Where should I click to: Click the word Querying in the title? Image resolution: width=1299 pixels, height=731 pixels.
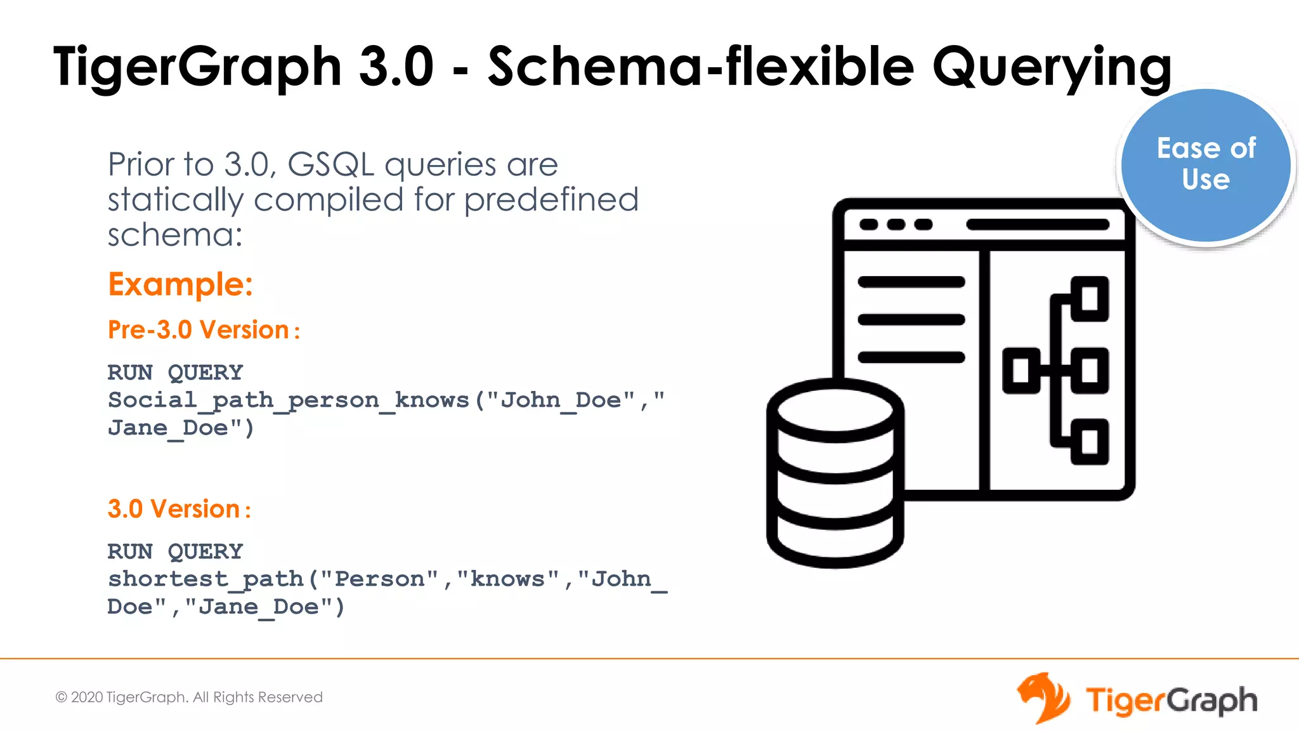pos(1051,67)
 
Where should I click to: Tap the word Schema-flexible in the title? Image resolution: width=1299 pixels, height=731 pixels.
pos(701,67)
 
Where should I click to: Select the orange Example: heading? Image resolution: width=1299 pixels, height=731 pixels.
pos(180,284)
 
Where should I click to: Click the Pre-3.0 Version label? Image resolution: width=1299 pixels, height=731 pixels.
pos(203,330)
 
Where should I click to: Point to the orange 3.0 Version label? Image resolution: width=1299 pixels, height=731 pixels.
pos(179,509)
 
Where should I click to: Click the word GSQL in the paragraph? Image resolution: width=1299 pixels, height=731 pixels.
pos(330,165)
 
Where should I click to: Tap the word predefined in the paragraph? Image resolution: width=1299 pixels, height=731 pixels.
pos(551,200)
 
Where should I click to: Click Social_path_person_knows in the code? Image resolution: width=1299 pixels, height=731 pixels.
pos(289,400)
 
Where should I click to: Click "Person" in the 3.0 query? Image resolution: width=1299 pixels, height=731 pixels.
pos(379,579)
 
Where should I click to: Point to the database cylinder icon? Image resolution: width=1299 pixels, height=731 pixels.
pos(835,473)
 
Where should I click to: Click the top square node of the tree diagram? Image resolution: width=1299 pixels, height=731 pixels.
pos(1090,299)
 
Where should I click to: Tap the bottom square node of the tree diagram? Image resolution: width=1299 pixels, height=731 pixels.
pos(1090,442)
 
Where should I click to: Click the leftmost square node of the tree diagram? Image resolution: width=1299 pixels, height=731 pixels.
pos(1021,371)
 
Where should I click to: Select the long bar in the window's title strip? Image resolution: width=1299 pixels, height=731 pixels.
pos(1038,225)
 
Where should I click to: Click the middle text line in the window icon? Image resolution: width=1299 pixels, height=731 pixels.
pos(911,320)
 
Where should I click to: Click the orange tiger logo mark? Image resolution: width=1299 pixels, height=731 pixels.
pos(1042,698)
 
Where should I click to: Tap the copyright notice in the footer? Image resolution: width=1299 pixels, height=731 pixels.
pos(189,697)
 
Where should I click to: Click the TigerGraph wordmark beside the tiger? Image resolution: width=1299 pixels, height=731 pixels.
pos(1171,701)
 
